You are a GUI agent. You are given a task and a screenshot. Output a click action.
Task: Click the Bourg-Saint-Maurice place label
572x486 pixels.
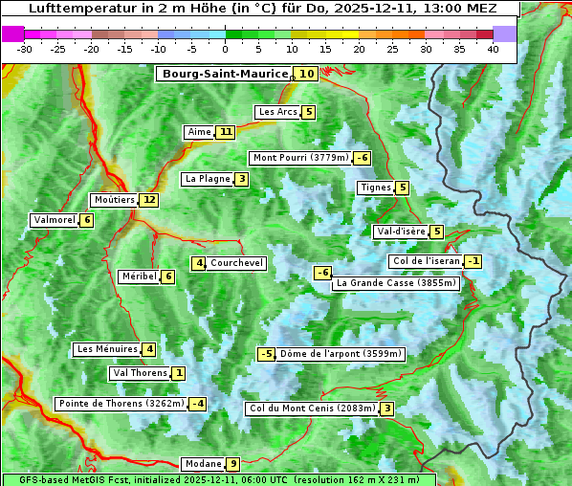pos(225,74)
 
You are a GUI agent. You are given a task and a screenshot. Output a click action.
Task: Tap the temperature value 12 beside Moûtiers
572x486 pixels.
pos(148,200)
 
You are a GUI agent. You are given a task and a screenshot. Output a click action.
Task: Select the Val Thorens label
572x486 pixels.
pos(140,373)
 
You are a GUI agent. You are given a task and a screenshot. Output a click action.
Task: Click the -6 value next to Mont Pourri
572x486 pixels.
pos(362,158)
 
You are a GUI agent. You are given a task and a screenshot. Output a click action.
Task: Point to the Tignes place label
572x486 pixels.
pos(375,188)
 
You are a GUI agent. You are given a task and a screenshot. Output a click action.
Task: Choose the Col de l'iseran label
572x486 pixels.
pos(426,261)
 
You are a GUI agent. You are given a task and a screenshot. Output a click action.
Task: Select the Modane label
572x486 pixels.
pos(203,464)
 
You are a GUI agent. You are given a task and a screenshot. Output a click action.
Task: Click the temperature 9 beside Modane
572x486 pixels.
pos(232,464)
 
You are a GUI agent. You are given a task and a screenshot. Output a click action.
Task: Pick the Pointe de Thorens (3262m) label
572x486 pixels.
pos(121,404)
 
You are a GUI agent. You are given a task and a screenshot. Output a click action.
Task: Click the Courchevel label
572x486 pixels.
pos(236,263)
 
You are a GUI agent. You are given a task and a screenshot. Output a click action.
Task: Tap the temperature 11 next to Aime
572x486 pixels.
pos(225,132)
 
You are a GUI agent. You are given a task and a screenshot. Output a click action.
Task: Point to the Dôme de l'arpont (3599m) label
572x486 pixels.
pos(341,354)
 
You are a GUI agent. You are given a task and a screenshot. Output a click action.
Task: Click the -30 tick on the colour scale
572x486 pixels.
pos(25,49)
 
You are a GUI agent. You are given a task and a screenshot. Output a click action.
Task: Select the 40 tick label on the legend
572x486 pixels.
pos(493,49)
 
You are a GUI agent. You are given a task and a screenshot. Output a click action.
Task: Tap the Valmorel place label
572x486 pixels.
pos(54,220)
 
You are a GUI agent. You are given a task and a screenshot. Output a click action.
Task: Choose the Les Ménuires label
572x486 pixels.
pos(106,349)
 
